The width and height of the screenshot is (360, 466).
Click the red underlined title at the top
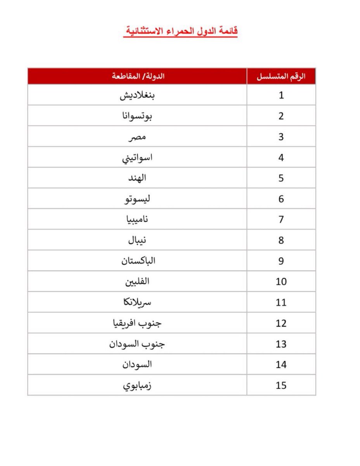pyautogui.click(x=180, y=31)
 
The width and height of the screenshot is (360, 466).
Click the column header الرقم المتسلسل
pyautogui.click(x=281, y=76)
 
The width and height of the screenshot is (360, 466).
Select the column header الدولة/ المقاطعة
pyautogui.click(x=138, y=76)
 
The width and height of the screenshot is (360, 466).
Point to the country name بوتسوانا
pyautogui.click(x=138, y=116)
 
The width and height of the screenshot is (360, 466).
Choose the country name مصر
pyautogui.click(x=137, y=137)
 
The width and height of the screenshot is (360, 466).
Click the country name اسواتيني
pyautogui.click(x=137, y=158)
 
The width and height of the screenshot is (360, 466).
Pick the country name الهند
pyautogui.click(x=137, y=178)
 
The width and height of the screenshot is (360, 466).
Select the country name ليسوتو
pyautogui.click(x=137, y=199)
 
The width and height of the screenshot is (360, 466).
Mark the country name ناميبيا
pyautogui.click(x=138, y=220)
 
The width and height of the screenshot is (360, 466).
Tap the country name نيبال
pyautogui.click(x=138, y=240)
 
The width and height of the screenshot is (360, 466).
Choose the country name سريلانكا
pyautogui.click(x=138, y=303)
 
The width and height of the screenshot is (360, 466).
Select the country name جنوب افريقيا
pyautogui.click(x=138, y=323)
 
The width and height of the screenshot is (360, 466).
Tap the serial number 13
pyautogui.click(x=281, y=344)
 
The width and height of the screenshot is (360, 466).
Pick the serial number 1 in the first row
pyautogui.click(x=281, y=96)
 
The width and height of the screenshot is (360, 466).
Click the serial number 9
pyautogui.click(x=281, y=261)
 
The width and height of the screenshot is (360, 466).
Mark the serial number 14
pyautogui.click(x=281, y=365)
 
